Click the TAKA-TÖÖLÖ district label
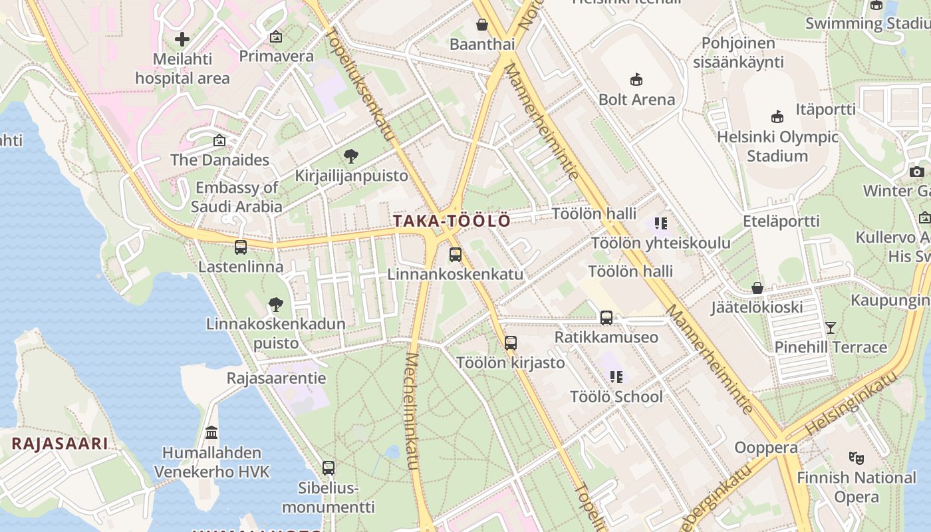452,221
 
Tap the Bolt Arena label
636,100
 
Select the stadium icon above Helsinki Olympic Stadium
777,117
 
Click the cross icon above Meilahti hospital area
182,39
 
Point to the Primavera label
276,56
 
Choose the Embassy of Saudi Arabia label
237,198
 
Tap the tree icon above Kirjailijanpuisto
351,157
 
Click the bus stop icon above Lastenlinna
241,247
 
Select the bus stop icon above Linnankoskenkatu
455,254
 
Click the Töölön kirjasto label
510,363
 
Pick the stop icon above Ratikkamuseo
606,318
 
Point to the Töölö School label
616,397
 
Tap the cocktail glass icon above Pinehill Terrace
830,327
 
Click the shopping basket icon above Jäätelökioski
757,288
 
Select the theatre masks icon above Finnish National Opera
857,458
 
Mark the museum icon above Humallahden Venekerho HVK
211,433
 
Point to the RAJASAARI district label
59,444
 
